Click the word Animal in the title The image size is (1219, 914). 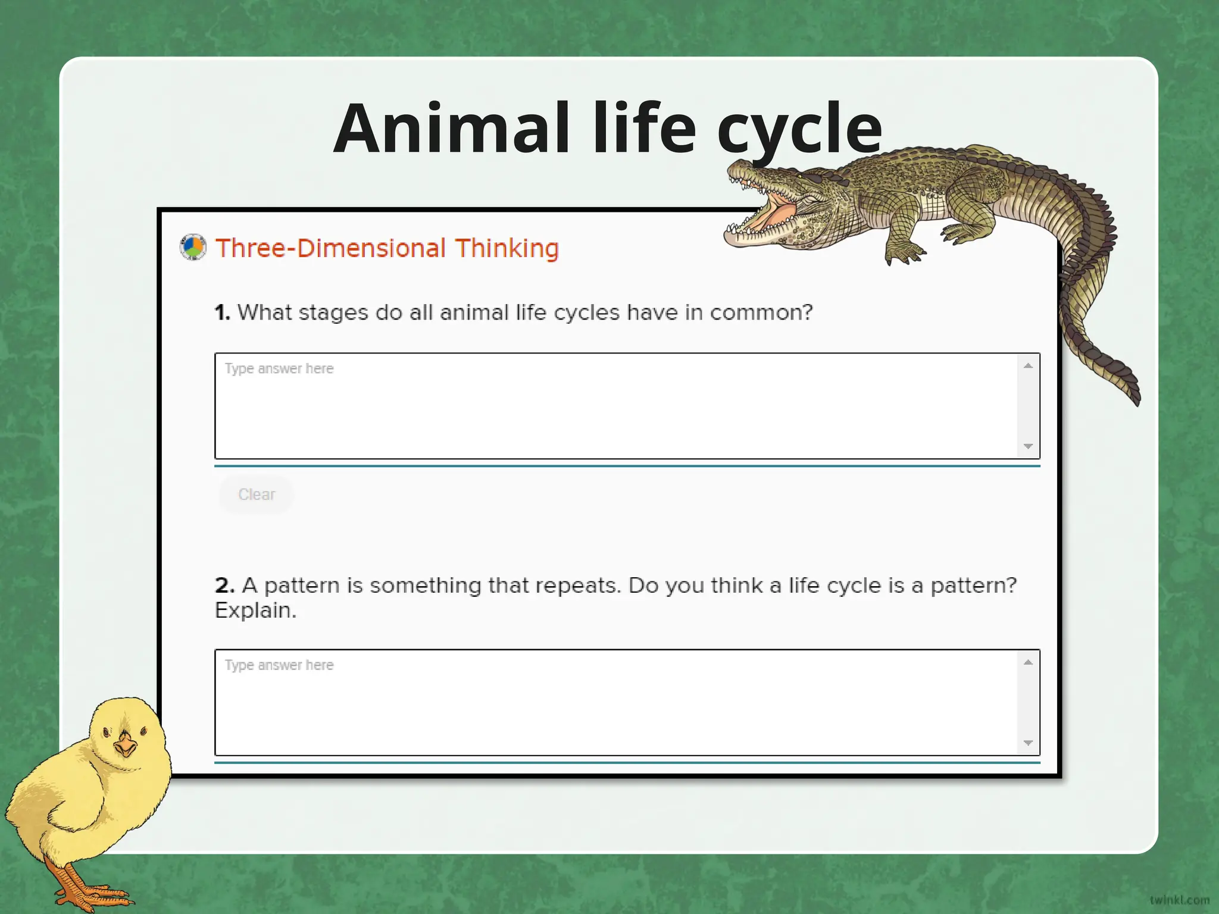451,129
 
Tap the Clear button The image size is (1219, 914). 257,494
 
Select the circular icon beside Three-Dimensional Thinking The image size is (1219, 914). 193,248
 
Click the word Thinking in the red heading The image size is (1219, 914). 507,248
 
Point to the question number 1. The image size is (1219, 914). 222,312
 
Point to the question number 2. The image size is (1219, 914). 224,586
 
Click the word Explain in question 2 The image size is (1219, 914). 255,611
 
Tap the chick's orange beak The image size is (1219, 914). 126,744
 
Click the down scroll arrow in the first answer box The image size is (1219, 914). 1028,446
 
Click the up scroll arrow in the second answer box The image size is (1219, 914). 1028,662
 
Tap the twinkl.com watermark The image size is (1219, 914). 1179,900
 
